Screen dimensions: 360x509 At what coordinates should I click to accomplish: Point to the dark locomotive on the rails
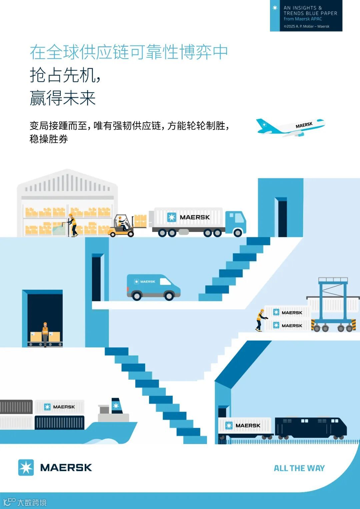tap(310, 427)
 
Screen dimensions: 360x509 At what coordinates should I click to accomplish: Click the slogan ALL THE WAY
tap(299, 468)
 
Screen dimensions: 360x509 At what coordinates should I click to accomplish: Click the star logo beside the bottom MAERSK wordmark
tap(26, 467)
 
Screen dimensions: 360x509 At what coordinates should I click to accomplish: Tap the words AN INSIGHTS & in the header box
tap(303, 8)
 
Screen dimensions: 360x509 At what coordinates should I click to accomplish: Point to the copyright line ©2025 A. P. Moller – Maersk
tap(306, 26)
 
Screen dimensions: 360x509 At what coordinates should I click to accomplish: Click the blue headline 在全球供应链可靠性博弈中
tap(129, 52)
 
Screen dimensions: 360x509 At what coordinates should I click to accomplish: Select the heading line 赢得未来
tap(63, 98)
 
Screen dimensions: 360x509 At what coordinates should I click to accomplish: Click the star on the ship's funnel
tap(116, 406)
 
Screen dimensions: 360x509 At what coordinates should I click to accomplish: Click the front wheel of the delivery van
tap(169, 295)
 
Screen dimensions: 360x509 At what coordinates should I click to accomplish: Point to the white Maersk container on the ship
tap(59, 407)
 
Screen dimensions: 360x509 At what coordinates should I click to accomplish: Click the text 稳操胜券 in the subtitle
tap(49, 139)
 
